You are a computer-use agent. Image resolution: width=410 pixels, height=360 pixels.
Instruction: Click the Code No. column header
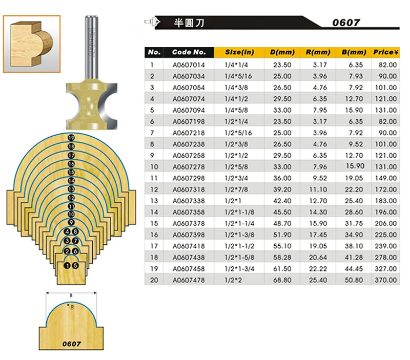click(189, 52)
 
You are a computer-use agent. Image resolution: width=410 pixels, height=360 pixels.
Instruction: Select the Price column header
click(386, 52)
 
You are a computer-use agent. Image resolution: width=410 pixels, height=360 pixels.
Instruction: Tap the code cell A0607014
click(189, 65)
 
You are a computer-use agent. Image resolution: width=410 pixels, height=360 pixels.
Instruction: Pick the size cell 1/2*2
click(233, 280)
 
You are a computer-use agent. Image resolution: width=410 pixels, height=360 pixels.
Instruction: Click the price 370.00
click(386, 280)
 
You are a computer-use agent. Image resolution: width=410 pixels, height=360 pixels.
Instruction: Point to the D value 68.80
click(282, 280)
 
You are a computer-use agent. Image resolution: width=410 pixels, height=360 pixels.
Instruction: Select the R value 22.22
click(318, 269)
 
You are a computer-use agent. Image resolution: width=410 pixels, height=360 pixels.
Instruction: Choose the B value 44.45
click(354, 269)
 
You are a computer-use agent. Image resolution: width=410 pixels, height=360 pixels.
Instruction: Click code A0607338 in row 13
click(189, 201)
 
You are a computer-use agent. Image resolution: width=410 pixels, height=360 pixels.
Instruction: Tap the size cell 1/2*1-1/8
click(239, 212)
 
